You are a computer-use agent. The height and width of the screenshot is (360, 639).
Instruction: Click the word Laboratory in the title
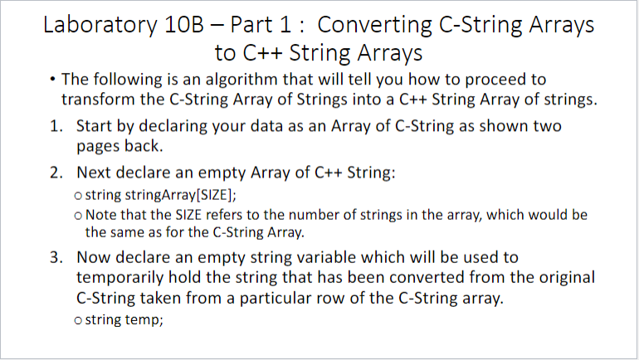100,25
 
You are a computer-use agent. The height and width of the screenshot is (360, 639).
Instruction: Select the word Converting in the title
374,25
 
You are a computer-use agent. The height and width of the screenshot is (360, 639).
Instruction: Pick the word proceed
493,80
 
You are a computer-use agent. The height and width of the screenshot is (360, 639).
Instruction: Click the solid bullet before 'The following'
52,79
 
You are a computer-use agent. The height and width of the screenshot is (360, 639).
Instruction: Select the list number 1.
56,126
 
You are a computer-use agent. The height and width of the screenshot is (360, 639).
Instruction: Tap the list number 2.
56,173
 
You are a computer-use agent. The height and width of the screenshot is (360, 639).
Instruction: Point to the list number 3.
56,258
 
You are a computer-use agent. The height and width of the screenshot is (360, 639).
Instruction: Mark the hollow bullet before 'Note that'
78,216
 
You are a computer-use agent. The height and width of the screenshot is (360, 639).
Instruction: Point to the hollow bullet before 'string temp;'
78,321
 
